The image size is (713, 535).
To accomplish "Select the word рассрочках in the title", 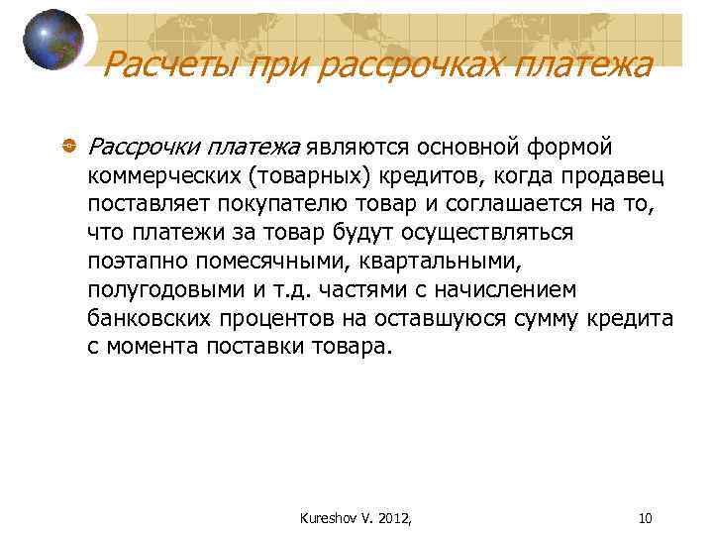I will (392, 65).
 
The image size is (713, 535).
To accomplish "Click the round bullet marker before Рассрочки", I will (68, 148).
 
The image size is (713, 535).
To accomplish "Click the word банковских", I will (147, 319).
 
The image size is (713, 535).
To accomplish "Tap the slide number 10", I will (645, 516).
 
